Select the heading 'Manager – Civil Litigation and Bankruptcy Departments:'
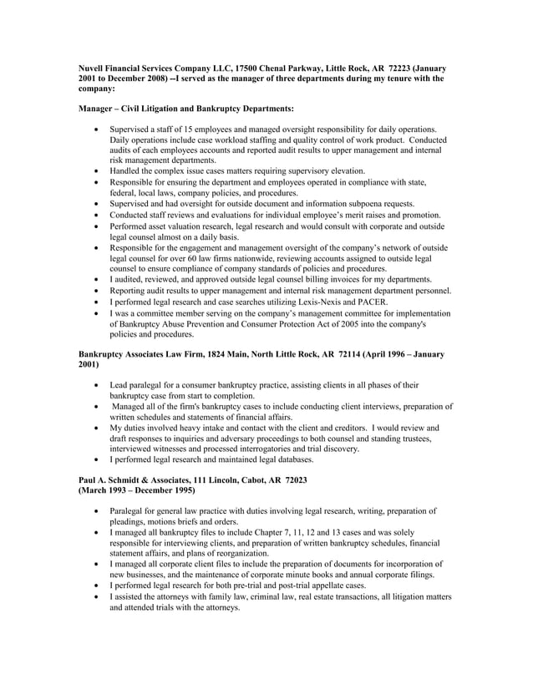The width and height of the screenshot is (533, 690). point(185,109)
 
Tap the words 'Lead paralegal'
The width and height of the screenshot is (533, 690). point(136,385)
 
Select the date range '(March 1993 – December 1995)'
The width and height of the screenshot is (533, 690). point(137,490)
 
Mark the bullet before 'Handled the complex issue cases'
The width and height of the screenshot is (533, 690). point(99,171)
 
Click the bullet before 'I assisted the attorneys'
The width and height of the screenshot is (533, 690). point(99,597)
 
